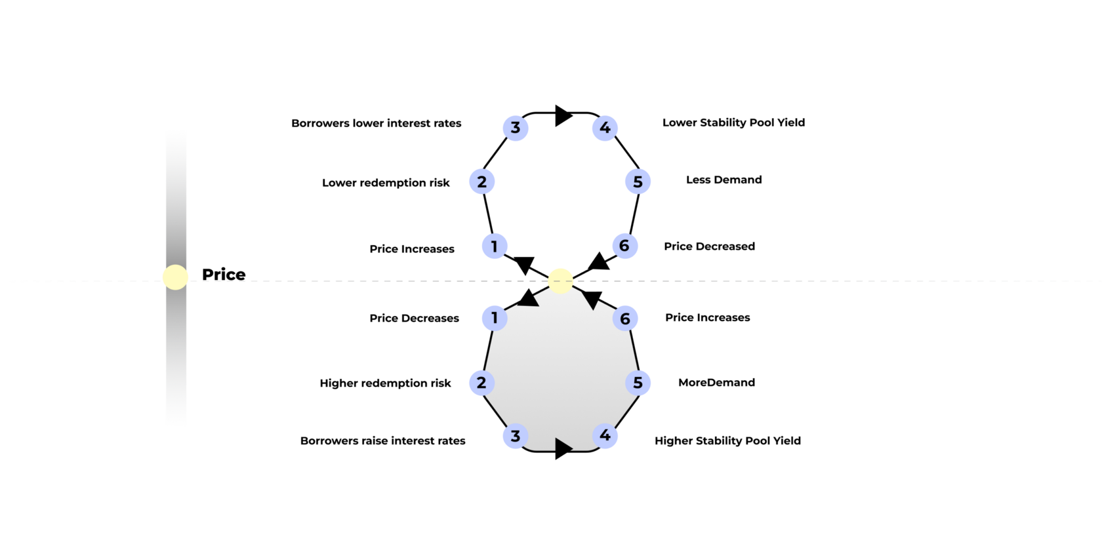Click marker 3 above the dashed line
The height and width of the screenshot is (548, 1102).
tap(516, 128)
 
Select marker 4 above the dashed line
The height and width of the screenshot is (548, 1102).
tap(605, 128)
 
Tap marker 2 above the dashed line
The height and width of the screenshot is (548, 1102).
tap(481, 182)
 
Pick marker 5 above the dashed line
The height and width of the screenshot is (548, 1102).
tap(638, 182)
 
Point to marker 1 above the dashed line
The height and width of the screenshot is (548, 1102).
tap(495, 246)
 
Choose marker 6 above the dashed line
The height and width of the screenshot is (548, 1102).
tap(624, 246)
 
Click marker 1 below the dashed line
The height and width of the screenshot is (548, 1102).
tap(495, 318)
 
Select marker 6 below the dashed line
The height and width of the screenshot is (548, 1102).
tap(624, 319)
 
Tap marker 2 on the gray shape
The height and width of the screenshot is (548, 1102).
tap(481, 383)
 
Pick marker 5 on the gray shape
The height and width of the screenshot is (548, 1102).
tap(638, 383)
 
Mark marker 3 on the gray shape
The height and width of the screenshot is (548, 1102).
tap(516, 436)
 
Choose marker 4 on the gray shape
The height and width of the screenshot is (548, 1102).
tap(605, 435)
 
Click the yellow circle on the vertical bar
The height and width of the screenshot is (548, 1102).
tap(175, 277)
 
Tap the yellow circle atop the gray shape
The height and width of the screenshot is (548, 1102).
tap(560, 281)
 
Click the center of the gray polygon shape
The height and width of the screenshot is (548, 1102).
tap(560, 374)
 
